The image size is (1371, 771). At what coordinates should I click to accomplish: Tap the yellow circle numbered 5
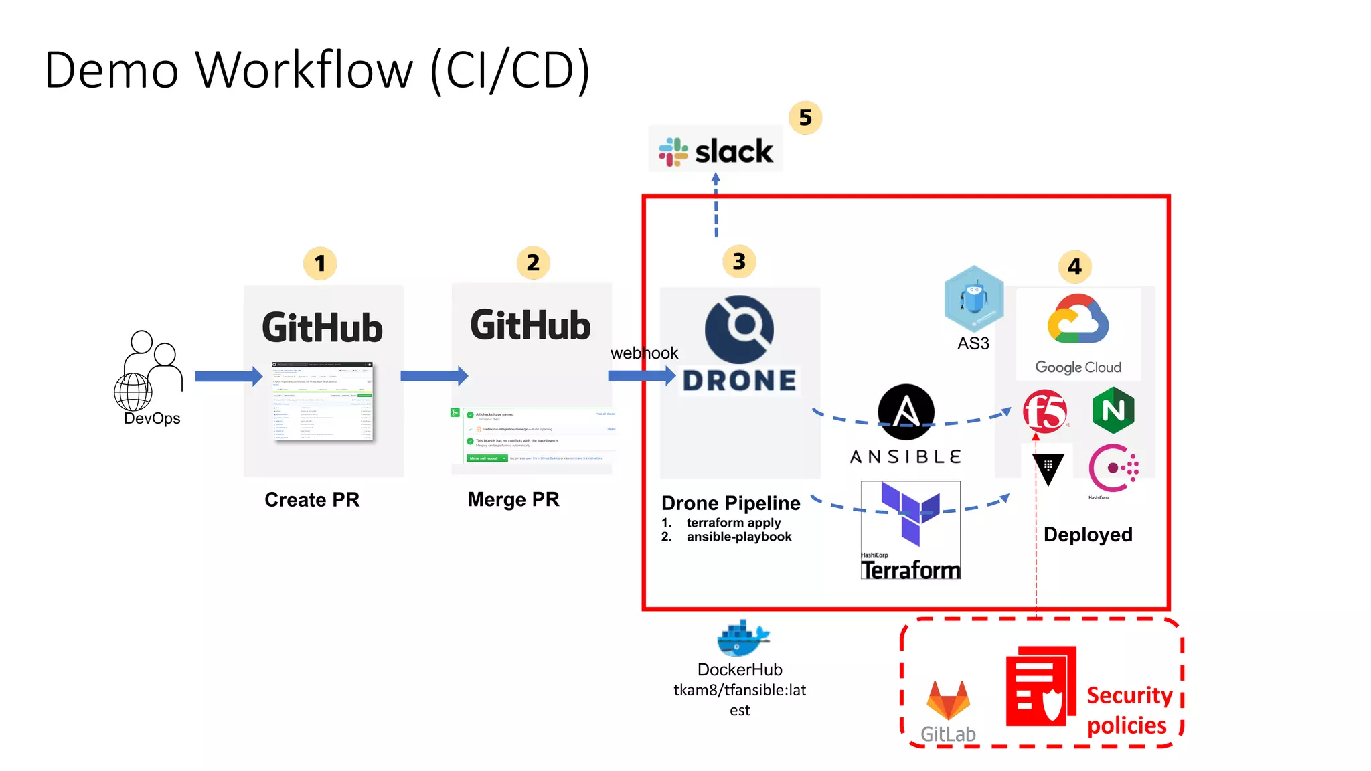[805, 118]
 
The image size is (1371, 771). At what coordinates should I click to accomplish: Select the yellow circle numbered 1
[320, 264]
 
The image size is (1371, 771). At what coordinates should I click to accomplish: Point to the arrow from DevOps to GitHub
[228, 377]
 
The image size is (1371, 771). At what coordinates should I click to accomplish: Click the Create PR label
[312, 500]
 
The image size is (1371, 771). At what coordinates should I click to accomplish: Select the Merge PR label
[513, 500]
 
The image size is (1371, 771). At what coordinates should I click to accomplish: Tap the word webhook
[644, 353]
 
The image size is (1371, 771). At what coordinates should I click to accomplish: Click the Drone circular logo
[739, 329]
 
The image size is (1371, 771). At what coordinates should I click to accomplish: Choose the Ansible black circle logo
[906, 412]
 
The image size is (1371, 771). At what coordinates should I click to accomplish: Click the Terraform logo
[910, 529]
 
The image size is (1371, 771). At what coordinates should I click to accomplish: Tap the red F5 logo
[1045, 411]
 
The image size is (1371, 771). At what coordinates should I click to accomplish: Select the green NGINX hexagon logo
[1113, 410]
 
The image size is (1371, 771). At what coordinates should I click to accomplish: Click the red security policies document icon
[1040, 686]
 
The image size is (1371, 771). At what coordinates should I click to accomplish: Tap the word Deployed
[1088, 535]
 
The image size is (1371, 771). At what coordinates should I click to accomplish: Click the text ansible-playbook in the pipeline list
[738, 537]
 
